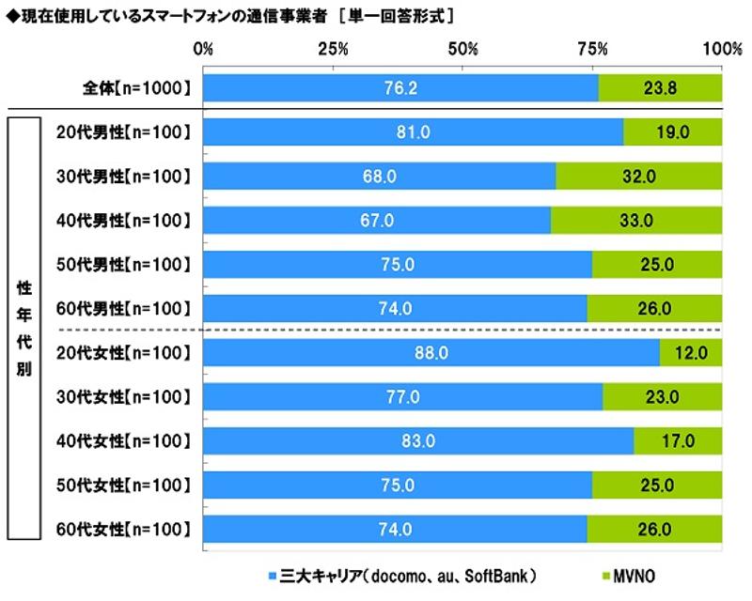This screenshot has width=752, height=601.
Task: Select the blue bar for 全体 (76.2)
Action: click(400, 88)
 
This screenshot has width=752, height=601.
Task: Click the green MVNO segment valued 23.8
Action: click(660, 88)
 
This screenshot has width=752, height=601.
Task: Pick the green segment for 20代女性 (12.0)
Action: click(691, 352)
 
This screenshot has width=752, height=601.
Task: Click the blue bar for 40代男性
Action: click(377, 221)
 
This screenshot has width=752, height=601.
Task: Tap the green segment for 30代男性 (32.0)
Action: click(639, 177)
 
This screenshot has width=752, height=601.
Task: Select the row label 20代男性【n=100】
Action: click(123, 132)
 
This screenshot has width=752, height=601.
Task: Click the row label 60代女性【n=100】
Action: click(123, 529)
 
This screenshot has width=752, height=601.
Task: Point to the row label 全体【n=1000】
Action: click(136, 88)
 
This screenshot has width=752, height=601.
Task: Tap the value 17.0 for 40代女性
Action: click(678, 440)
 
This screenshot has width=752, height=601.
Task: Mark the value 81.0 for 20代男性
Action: click(414, 132)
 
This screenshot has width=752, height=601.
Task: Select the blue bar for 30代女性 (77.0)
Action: click(402, 396)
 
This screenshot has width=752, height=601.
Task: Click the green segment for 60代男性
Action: click(654, 308)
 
